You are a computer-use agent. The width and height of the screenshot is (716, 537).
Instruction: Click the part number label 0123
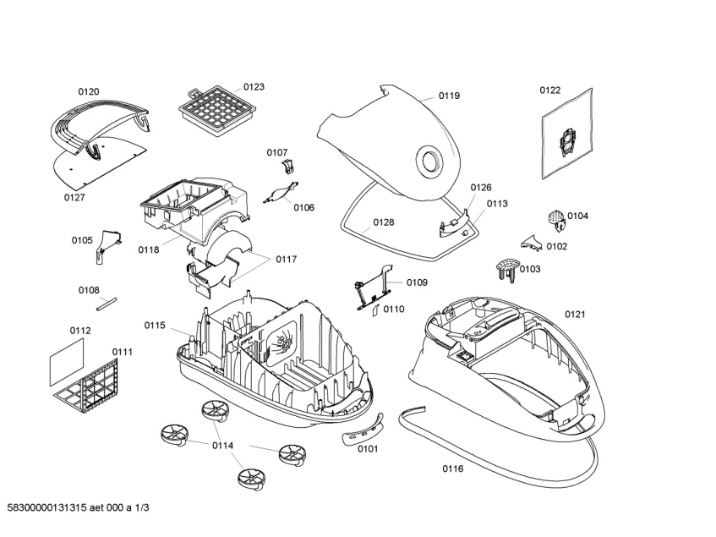[254, 87]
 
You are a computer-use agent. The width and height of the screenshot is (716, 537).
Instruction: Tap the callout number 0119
[449, 96]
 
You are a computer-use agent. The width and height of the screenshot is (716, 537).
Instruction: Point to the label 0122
[550, 90]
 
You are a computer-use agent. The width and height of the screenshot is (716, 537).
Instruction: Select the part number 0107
[277, 152]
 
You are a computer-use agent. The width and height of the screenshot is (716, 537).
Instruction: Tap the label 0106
[304, 207]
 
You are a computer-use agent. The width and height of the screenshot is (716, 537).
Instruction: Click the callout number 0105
[82, 240]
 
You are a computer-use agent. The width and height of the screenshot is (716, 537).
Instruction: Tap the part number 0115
[154, 326]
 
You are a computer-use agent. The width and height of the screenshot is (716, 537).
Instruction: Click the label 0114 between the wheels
[222, 445]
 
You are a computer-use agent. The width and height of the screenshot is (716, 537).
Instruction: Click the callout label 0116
[452, 469]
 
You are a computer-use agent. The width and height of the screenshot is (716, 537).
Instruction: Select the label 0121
[575, 314]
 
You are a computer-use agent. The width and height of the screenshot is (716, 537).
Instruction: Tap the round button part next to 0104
[555, 218]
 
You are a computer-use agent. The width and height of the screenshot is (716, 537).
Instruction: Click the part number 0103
[530, 269]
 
